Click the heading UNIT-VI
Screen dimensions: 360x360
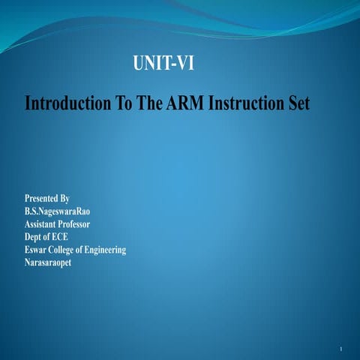pos(163,64)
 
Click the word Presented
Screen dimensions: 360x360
pos(42,199)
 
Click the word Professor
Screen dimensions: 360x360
pos(88,224)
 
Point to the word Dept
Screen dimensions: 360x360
pos(34,237)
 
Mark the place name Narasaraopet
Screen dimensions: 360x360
pos(53,262)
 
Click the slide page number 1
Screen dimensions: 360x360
pos(340,350)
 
